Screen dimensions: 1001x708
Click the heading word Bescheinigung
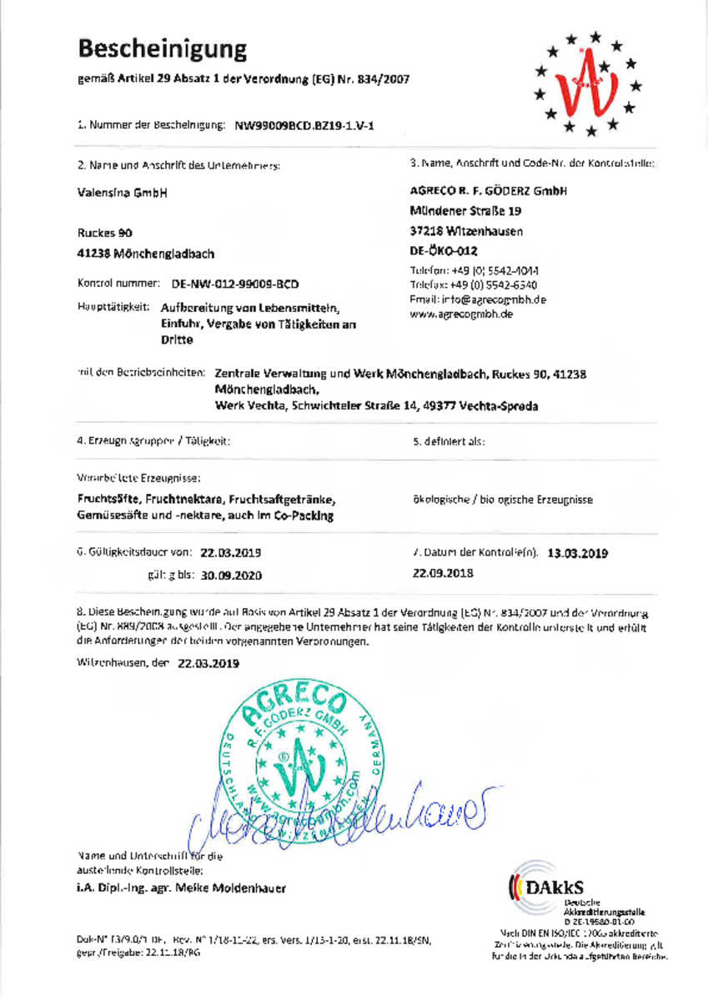coord(163,48)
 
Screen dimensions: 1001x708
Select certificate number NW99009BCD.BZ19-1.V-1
coord(304,126)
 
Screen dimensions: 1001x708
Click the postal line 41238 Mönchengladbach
coord(146,253)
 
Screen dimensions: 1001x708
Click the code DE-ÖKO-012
coord(444,250)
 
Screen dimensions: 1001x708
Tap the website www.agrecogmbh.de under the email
coord(461,314)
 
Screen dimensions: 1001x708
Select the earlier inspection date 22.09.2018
coord(443,573)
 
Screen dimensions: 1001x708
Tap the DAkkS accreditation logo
coord(550,886)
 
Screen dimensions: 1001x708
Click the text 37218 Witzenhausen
coord(467,230)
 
